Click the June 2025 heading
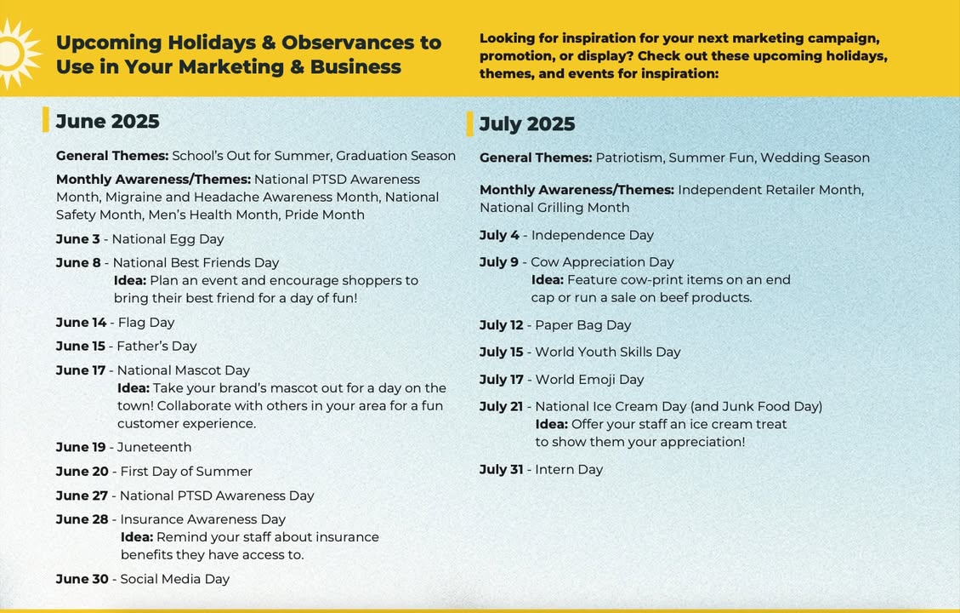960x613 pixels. [x=108, y=122]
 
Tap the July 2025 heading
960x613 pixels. [x=527, y=123]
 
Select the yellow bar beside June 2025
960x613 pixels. [x=45, y=119]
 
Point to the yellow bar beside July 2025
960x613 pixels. [x=469, y=123]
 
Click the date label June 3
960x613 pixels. [x=77, y=239]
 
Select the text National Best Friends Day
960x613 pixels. [x=196, y=263]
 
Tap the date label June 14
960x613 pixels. [x=81, y=323]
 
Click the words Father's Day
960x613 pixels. [x=156, y=347]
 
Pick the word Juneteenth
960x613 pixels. [x=154, y=448]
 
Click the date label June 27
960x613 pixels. [x=82, y=496]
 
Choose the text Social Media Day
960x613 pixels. [x=175, y=579]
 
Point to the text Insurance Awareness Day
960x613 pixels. [x=203, y=519]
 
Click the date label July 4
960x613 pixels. [x=499, y=235]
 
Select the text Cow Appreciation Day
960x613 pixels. [x=603, y=262]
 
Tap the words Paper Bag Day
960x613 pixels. [x=582, y=325]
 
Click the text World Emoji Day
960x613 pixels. [x=589, y=380]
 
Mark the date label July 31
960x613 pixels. [x=502, y=470]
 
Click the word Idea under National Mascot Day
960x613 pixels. [x=133, y=388]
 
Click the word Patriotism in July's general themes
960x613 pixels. [x=629, y=158]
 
